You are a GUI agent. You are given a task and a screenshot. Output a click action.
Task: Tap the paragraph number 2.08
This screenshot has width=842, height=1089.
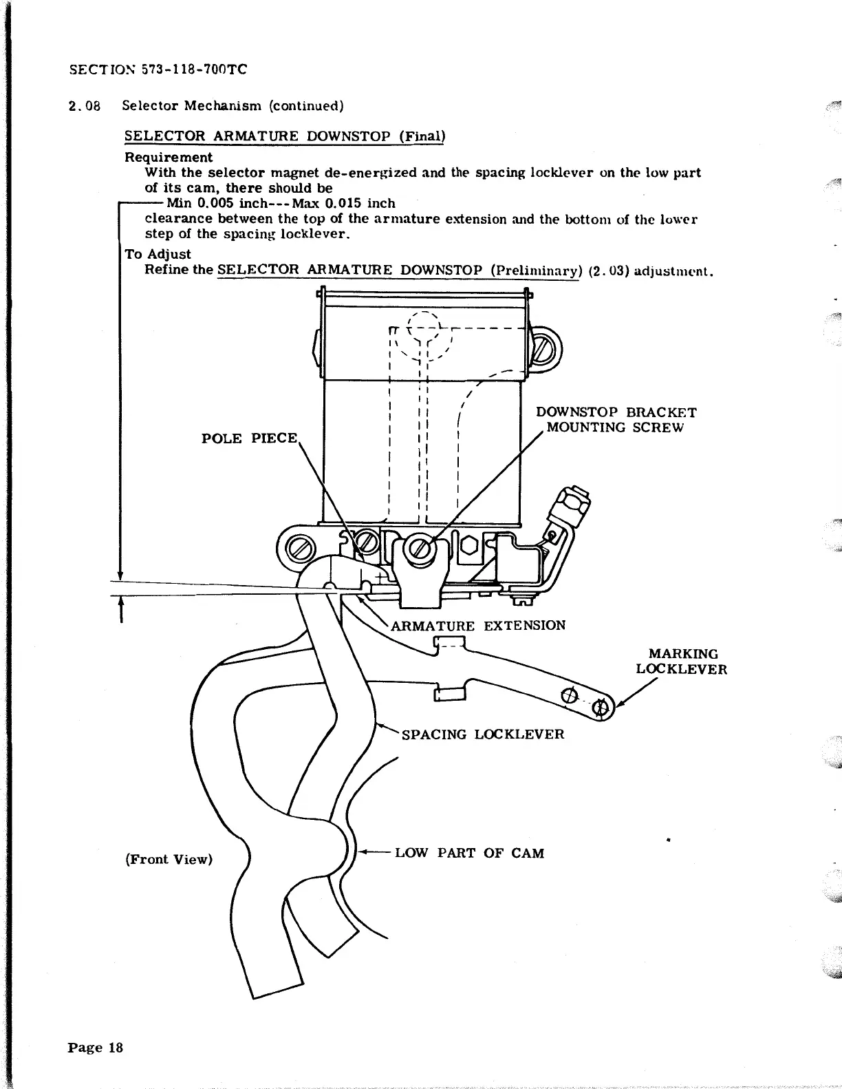tap(85, 106)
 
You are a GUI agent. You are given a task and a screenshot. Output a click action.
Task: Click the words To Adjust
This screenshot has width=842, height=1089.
tap(158, 254)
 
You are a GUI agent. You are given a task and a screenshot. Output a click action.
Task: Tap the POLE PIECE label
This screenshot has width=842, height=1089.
tap(249, 438)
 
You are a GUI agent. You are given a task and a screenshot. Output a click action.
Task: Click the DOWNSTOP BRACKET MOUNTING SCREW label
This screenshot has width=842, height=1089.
tap(616, 420)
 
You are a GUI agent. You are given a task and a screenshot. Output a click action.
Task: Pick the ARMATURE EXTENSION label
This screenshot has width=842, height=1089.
tap(478, 626)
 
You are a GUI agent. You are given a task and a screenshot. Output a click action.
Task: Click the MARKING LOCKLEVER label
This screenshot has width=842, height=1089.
tap(681, 661)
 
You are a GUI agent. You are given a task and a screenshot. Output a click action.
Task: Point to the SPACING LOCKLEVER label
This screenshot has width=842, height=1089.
tap(482, 734)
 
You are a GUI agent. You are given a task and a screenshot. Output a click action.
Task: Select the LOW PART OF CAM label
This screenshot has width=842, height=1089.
tap(470, 853)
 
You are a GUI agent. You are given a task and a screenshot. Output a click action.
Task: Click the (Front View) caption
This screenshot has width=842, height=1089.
tap(169, 859)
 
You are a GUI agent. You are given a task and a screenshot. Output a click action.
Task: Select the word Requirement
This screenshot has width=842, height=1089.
tap(169, 157)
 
